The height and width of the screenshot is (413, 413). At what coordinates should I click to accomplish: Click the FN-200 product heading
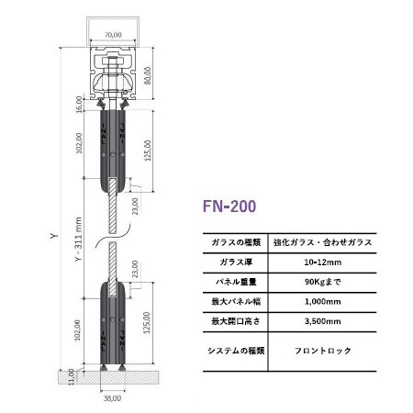229,206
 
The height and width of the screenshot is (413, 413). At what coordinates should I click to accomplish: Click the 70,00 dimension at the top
113,35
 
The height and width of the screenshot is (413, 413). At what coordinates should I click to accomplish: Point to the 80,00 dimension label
148,75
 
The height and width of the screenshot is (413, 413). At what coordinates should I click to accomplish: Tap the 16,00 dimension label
79,105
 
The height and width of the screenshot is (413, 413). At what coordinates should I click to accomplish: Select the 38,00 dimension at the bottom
112,398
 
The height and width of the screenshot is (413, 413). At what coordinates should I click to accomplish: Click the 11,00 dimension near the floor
71,377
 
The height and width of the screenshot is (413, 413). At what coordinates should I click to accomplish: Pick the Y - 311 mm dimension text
79,240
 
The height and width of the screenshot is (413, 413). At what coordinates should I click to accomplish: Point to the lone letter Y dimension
54,236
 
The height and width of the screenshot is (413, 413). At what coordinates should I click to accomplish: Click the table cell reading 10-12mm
323,262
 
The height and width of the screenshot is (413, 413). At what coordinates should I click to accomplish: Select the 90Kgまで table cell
323,282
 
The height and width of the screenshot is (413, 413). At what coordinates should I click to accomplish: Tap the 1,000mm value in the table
323,302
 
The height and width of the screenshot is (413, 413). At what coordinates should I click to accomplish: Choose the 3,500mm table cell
323,321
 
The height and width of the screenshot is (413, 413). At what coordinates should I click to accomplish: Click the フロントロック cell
323,351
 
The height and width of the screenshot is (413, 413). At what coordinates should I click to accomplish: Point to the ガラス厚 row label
236,262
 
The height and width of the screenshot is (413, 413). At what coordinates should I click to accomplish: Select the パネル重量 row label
236,282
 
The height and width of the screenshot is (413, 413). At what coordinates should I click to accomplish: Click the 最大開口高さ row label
236,321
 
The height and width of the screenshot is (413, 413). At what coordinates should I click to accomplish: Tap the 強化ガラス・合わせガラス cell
323,242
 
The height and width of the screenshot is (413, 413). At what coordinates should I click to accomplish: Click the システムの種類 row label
236,351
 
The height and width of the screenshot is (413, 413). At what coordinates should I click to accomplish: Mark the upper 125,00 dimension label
148,151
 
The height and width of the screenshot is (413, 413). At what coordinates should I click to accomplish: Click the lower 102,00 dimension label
78,329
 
